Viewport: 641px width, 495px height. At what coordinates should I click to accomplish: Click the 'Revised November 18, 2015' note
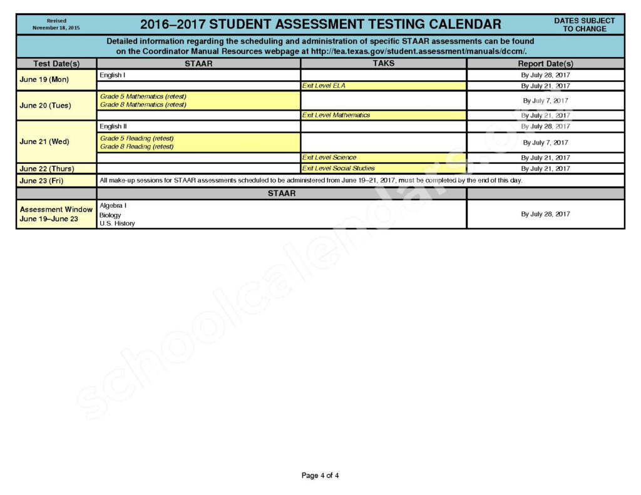click(56, 24)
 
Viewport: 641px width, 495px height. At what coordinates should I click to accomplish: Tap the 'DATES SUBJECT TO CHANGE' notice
click(584, 24)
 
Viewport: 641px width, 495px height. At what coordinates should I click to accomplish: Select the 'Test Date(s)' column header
click(56, 64)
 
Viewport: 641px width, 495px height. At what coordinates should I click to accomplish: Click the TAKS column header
click(383, 63)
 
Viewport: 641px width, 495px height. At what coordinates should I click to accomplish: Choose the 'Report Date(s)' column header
click(545, 64)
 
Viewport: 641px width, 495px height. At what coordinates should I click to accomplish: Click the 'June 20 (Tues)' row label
click(45, 105)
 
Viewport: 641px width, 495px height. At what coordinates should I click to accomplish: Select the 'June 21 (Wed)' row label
click(44, 141)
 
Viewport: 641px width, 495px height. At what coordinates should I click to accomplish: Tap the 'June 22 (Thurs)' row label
click(46, 169)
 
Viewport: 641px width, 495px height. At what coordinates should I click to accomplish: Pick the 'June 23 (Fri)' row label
click(41, 181)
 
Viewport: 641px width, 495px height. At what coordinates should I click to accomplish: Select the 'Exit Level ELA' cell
click(324, 86)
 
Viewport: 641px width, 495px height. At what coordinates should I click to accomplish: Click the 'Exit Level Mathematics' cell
click(336, 115)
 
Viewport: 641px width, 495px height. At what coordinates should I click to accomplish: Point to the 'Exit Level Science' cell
click(329, 158)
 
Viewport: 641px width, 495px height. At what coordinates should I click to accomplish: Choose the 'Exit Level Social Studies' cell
click(338, 168)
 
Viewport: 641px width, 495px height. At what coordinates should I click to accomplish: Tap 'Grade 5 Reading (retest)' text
click(136, 138)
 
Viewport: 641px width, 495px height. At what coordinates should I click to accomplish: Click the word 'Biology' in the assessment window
click(110, 215)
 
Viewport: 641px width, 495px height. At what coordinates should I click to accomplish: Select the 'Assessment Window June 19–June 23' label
click(56, 214)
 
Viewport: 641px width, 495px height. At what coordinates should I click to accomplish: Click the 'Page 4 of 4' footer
click(320, 476)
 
